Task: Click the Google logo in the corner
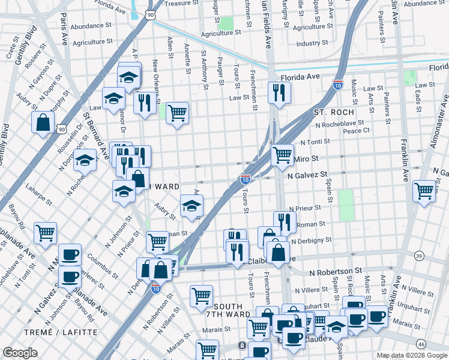[20, 353]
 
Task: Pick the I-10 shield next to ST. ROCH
[338, 85]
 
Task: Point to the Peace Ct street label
[373, 130]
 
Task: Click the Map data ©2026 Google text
[412, 355]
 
